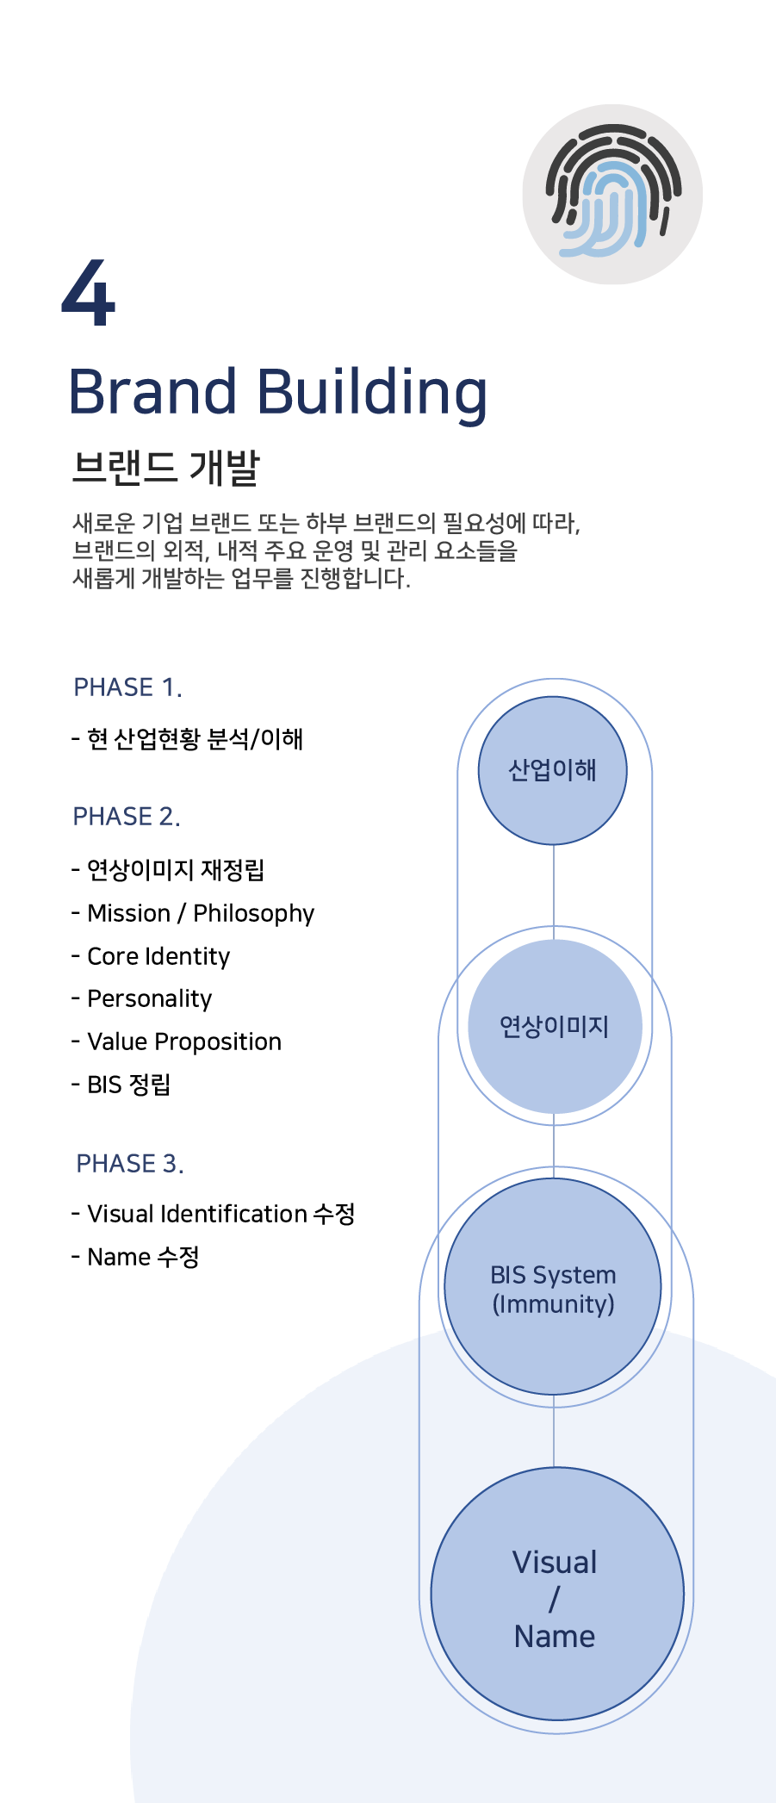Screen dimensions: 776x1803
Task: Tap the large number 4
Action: [x=89, y=293]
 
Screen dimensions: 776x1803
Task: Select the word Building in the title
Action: [x=372, y=395]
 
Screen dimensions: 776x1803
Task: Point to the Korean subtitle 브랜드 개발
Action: [x=165, y=467]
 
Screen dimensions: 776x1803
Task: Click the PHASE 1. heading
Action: [x=127, y=687]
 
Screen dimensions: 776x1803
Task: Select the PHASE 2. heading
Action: [x=127, y=817]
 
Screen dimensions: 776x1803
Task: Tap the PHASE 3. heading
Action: [x=130, y=1164]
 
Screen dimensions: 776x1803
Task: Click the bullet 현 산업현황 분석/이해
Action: [x=187, y=739]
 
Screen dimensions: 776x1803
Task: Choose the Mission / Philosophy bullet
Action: [x=193, y=914]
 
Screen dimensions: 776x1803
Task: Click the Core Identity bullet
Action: [x=151, y=957]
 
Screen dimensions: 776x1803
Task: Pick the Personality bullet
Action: [x=141, y=999]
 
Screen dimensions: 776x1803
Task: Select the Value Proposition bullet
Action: [x=177, y=1042]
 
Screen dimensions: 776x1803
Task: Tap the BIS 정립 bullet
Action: [x=121, y=1085]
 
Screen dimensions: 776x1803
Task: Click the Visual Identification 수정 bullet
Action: [x=213, y=1214]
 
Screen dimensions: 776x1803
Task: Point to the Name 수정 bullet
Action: [x=135, y=1257]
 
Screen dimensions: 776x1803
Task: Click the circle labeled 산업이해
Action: [x=553, y=770]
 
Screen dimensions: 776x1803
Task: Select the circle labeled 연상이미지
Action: [x=555, y=1026]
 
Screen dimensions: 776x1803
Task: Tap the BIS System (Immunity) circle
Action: [x=553, y=1286]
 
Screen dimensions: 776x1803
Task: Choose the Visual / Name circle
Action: [x=557, y=1594]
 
